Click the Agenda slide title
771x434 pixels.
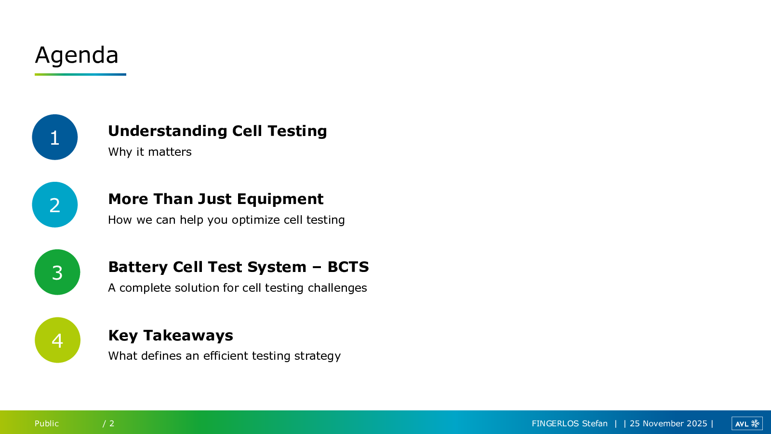tap(77, 55)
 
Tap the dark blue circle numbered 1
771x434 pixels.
tap(55, 137)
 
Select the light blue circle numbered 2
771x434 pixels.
tap(55, 204)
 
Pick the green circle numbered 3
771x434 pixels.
tap(57, 272)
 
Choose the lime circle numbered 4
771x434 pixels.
tap(57, 340)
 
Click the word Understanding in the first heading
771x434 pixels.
tap(168, 131)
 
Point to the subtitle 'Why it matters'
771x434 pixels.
tap(150, 152)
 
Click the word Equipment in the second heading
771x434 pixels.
tap(280, 200)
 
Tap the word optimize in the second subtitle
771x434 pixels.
tap(256, 220)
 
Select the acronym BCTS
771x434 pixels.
tap(348, 267)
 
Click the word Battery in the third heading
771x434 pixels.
tap(138, 268)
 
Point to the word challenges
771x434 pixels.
tap(337, 288)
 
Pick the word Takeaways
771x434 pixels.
tap(188, 336)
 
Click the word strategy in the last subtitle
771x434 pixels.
tap(318, 356)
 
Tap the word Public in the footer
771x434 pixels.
tap(46, 423)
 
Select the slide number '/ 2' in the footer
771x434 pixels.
tap(108, 423)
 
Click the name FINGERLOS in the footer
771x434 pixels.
tap(555, 423)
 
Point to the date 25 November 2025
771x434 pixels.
tap(668, 423)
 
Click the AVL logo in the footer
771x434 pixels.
tap(747, 423)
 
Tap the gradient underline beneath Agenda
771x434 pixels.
tap(80, 74)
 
